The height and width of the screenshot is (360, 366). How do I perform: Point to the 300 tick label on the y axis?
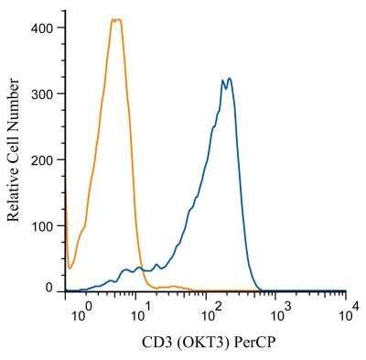pyautogui.click(x=40, y=93)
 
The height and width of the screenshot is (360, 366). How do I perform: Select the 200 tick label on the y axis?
pyautogui.click(x=40, y=159)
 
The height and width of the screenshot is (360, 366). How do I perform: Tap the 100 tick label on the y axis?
pyautogui.click(x=40, y=225)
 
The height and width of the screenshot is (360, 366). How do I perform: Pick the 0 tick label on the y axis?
pyautogui.click(x=48, y=288)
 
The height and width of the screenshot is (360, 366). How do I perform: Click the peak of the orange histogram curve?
pyautogui.click(x=115, y=19)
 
